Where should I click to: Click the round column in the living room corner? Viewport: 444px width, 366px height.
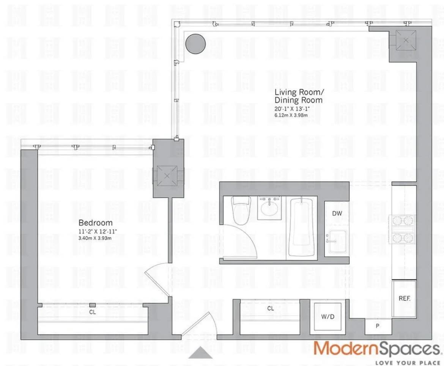pyautogui.click(x=195, y=44)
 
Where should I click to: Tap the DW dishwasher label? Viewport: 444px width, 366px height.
pyautogui.click(x=337, y=214)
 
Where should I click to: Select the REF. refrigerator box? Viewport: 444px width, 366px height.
pyautogui.click(x=404, y=298)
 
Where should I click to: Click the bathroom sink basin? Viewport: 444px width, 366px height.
pyautogui.click(x=269, y=207)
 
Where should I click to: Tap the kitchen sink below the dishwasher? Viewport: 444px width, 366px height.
pyautogui.click(x=336, y=241)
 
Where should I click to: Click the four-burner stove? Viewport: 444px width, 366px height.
pyautogui.click(x=403, y=229)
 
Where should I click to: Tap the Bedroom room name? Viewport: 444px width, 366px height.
pyautogui.click(x=95, y=223)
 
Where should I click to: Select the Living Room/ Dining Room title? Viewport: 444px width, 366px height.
pyautogui.click(x=299, y=96)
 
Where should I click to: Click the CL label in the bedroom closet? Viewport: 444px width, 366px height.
pyautogui.click(x=92, y=312)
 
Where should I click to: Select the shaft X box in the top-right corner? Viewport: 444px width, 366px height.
pyautogui.click(x=406, y=40)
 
